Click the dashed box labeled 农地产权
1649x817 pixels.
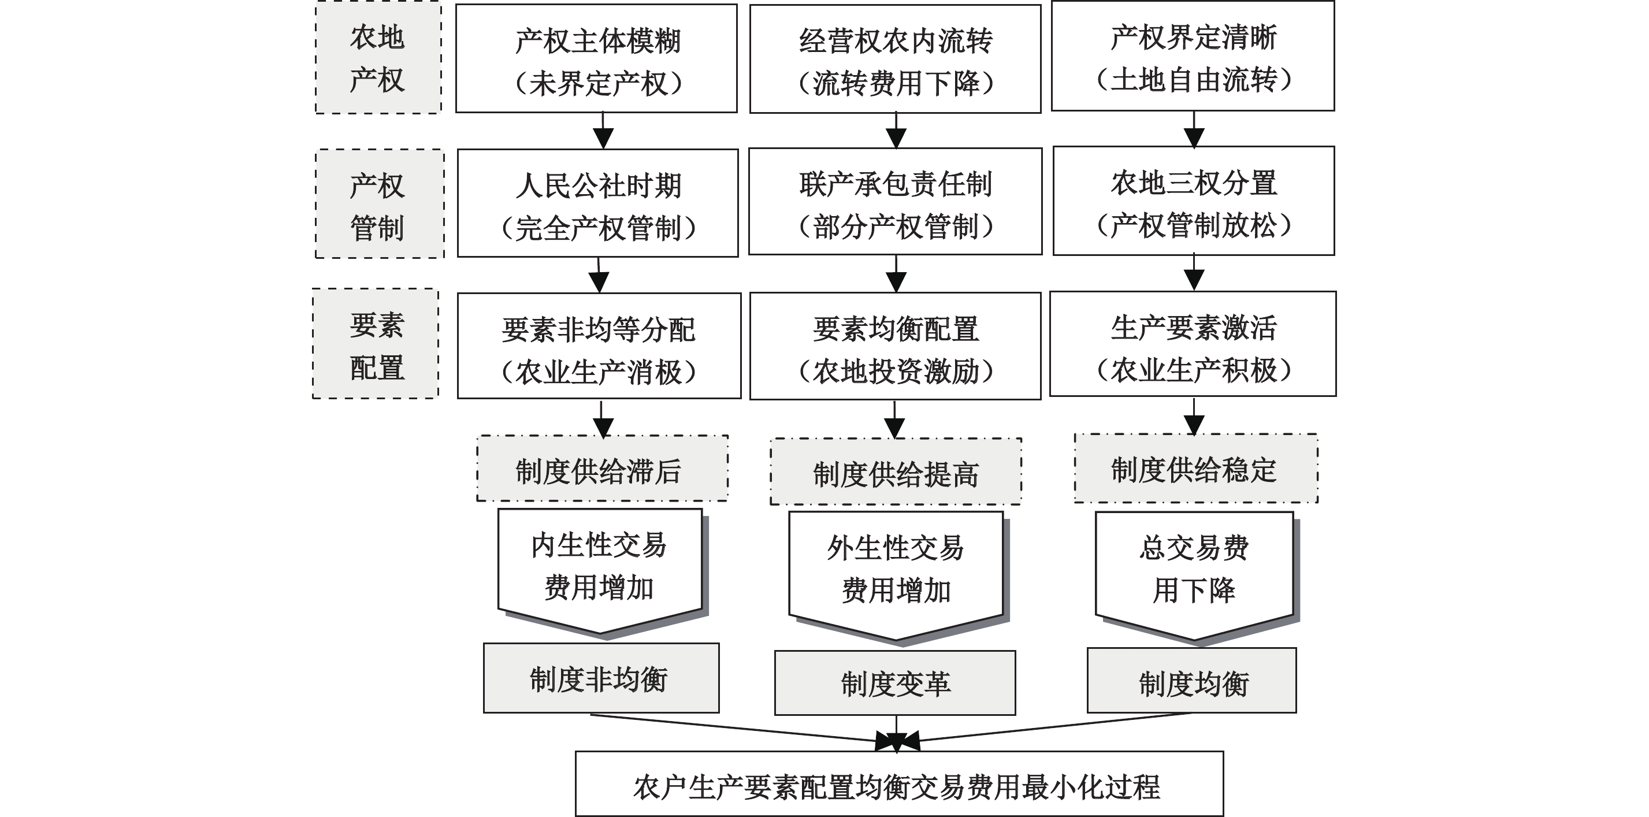tap(378, 58)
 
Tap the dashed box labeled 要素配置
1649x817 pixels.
tap(376, 344)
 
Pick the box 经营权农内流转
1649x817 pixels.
tap(895, 60)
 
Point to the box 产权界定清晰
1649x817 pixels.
tap(1193, 57)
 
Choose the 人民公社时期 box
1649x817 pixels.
tap(597, 203)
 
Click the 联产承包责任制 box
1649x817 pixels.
tap(895, 202)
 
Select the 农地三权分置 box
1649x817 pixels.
tap(1193, 202)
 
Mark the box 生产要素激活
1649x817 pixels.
tap(1193, 344)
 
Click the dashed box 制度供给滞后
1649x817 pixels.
tap(601, 469)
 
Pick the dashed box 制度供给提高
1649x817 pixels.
tap(895, 472)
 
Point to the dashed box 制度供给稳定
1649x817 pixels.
tap(1195, 469)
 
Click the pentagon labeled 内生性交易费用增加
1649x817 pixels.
tap(600, 567)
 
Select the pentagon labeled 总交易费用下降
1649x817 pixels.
tap(1194, 570)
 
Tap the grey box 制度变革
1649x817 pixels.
tap(895, 683)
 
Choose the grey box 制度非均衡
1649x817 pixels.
tap(600, 678)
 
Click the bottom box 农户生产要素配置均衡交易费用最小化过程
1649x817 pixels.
tap(899, 783)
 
